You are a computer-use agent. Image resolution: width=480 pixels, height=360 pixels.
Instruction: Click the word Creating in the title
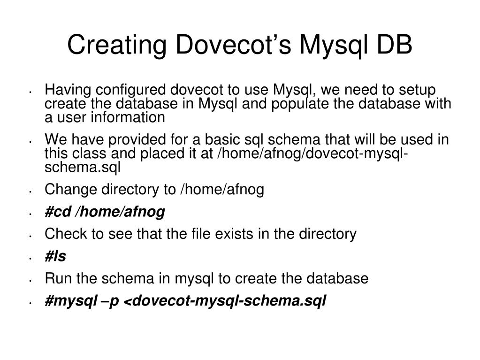(x=112, y=46)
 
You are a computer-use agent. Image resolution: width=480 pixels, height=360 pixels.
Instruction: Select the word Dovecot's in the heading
(x=229, y=46)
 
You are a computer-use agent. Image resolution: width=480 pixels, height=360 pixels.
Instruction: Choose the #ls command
(x=55, y=256)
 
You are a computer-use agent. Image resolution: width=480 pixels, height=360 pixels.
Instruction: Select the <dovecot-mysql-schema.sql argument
(x=224, y=301)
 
